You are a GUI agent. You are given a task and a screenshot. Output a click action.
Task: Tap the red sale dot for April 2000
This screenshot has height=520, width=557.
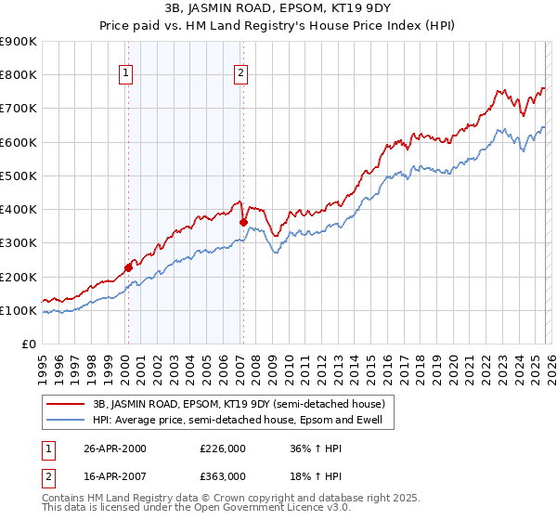point(129,267)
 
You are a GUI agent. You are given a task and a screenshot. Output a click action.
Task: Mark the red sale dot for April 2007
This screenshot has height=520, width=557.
point(243,222)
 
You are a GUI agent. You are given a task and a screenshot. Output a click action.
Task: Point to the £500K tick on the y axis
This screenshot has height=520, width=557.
point(19,175)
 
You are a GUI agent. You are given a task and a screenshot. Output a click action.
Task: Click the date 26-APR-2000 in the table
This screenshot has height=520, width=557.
point(115,448)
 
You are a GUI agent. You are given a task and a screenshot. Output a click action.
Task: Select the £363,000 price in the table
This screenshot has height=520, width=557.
point(222,475)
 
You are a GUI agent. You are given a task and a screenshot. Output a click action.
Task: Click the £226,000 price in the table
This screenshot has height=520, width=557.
point(222,448)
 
